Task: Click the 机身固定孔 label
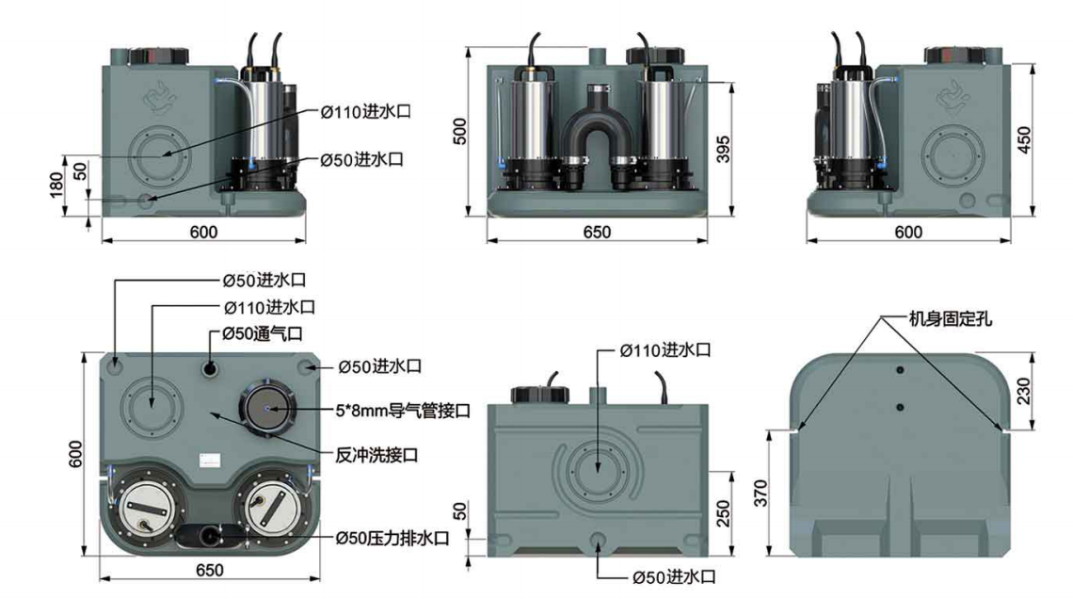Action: tap(941, 319)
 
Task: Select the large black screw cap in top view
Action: tap(269, 408)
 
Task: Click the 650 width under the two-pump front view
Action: tap(596, 232)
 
